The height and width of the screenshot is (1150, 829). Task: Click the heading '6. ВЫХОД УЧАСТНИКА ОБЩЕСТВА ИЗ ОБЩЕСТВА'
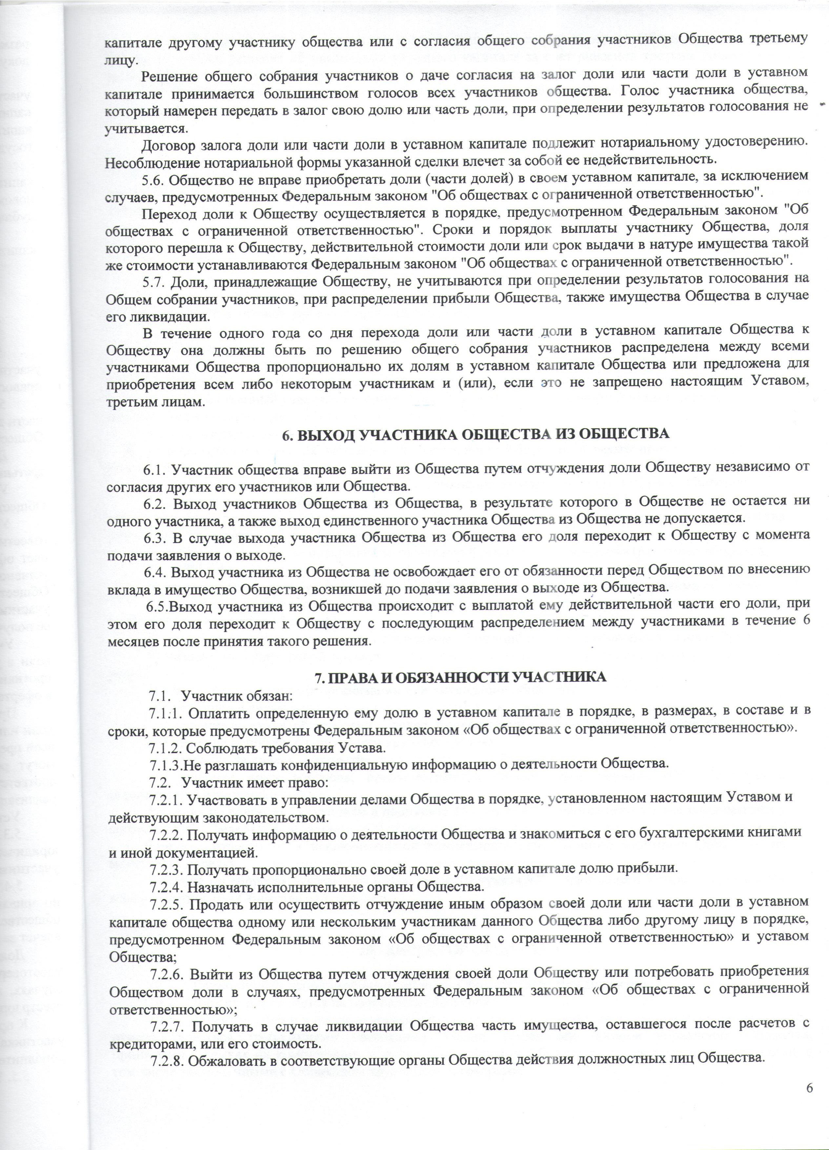tap(475, 434)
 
